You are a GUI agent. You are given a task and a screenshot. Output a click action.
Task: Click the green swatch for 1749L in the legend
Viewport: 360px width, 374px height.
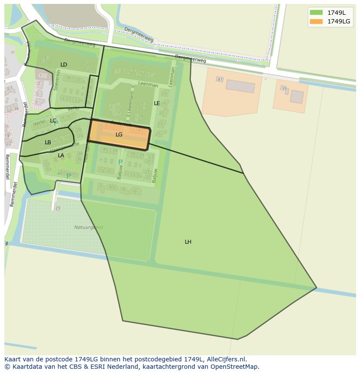click(316, 13)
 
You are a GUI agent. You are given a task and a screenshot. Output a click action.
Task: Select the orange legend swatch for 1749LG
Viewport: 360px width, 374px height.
click(316, 21)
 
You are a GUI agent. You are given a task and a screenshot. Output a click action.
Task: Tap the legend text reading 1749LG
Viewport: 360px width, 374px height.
click(339, 21)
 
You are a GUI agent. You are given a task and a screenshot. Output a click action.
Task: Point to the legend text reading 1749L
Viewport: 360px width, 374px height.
click(337, 13)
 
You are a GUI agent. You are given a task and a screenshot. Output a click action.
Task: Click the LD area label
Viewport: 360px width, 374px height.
click(63, 65)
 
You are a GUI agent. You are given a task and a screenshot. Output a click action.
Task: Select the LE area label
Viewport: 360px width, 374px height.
click(157, 103)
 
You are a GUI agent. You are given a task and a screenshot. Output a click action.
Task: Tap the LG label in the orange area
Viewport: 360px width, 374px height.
click(119, 135)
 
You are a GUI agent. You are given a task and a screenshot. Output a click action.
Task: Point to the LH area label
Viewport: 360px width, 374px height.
click(188, 242)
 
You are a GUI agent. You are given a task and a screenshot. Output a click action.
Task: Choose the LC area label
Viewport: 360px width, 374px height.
click(53, 121)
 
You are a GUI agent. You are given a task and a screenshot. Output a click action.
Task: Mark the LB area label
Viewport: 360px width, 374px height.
click(48, 142)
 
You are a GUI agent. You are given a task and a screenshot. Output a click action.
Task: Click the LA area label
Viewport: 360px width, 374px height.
click(61, 156)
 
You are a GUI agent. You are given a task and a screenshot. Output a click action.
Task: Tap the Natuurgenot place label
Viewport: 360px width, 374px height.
click(89, 227)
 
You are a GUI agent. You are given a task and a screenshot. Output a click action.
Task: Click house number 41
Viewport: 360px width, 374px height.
click(220, 79)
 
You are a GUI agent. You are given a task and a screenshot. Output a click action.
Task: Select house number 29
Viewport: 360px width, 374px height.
click(58, 209)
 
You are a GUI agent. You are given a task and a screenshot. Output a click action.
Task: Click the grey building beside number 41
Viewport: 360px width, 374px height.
click(240, 86)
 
